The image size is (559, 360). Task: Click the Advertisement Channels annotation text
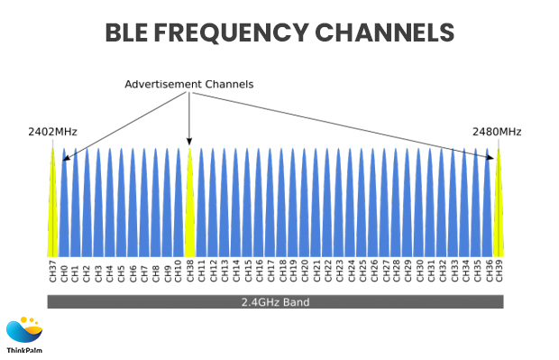[x=188, y=84]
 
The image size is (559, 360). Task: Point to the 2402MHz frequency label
[x=52, y=132]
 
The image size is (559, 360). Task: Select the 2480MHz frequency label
[x=497, y=132]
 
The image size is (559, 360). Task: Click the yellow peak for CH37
[x=52, y=208]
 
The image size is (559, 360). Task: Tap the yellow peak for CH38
[x=189, y=208]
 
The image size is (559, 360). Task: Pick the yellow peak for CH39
[x=499, y=208]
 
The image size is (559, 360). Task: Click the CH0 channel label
[x=64, y=272]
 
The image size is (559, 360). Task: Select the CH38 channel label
[x=189, y=272]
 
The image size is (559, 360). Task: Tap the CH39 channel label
[x=499, y=272]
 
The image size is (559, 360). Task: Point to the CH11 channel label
[x=201, y=272]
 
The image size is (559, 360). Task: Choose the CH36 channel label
[x=488, y=272]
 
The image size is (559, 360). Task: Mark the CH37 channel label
[x=52, y=272]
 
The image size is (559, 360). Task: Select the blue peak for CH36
[x=488, y=208]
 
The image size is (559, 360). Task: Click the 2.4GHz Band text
[x=275, y=302]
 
